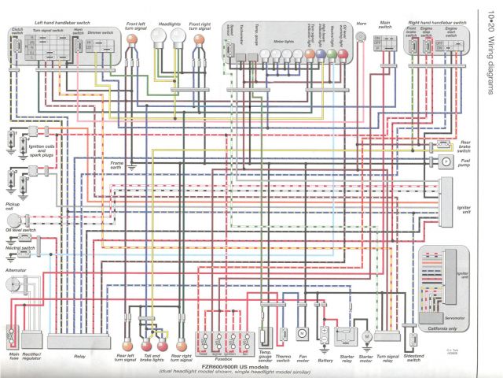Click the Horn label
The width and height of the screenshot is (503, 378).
pyautogui.click(x=362, y=24)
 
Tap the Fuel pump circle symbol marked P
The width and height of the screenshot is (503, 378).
pyautogui.click(x=444, y=160)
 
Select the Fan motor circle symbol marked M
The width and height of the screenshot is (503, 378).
pyautogui.click(x=301, y=333)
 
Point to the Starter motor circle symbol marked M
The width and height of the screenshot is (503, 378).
pyautogui.click(x=365, y=336)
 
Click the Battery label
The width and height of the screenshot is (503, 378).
pyautogui.click(x=324, y=361)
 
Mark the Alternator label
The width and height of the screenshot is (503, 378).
pyautogui.click(x=16, y=270)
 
